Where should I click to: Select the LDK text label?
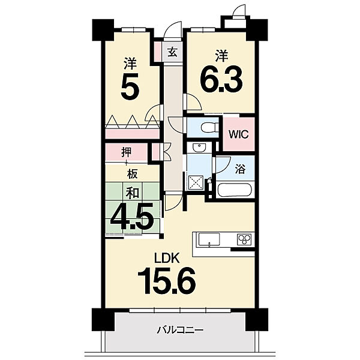coord(167,258)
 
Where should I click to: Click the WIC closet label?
coord(239,134)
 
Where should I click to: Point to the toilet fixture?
coord(209,127)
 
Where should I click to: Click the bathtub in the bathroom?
coord(235,190)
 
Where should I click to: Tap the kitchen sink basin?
coord(209,239)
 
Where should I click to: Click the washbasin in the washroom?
coord(199,148)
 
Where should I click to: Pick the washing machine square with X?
coord(196,182)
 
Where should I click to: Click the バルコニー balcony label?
coord(180,331)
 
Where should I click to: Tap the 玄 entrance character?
coord(173,52)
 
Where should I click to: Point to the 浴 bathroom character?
coord(240,169)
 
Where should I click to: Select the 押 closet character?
coord(127,152)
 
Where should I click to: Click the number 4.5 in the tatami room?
coord(132,218)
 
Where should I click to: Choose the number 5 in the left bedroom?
coord(130,86)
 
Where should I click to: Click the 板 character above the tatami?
coord(133,174)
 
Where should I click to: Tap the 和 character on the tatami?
coord(133,193)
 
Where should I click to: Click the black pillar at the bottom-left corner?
coord(103,320)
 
